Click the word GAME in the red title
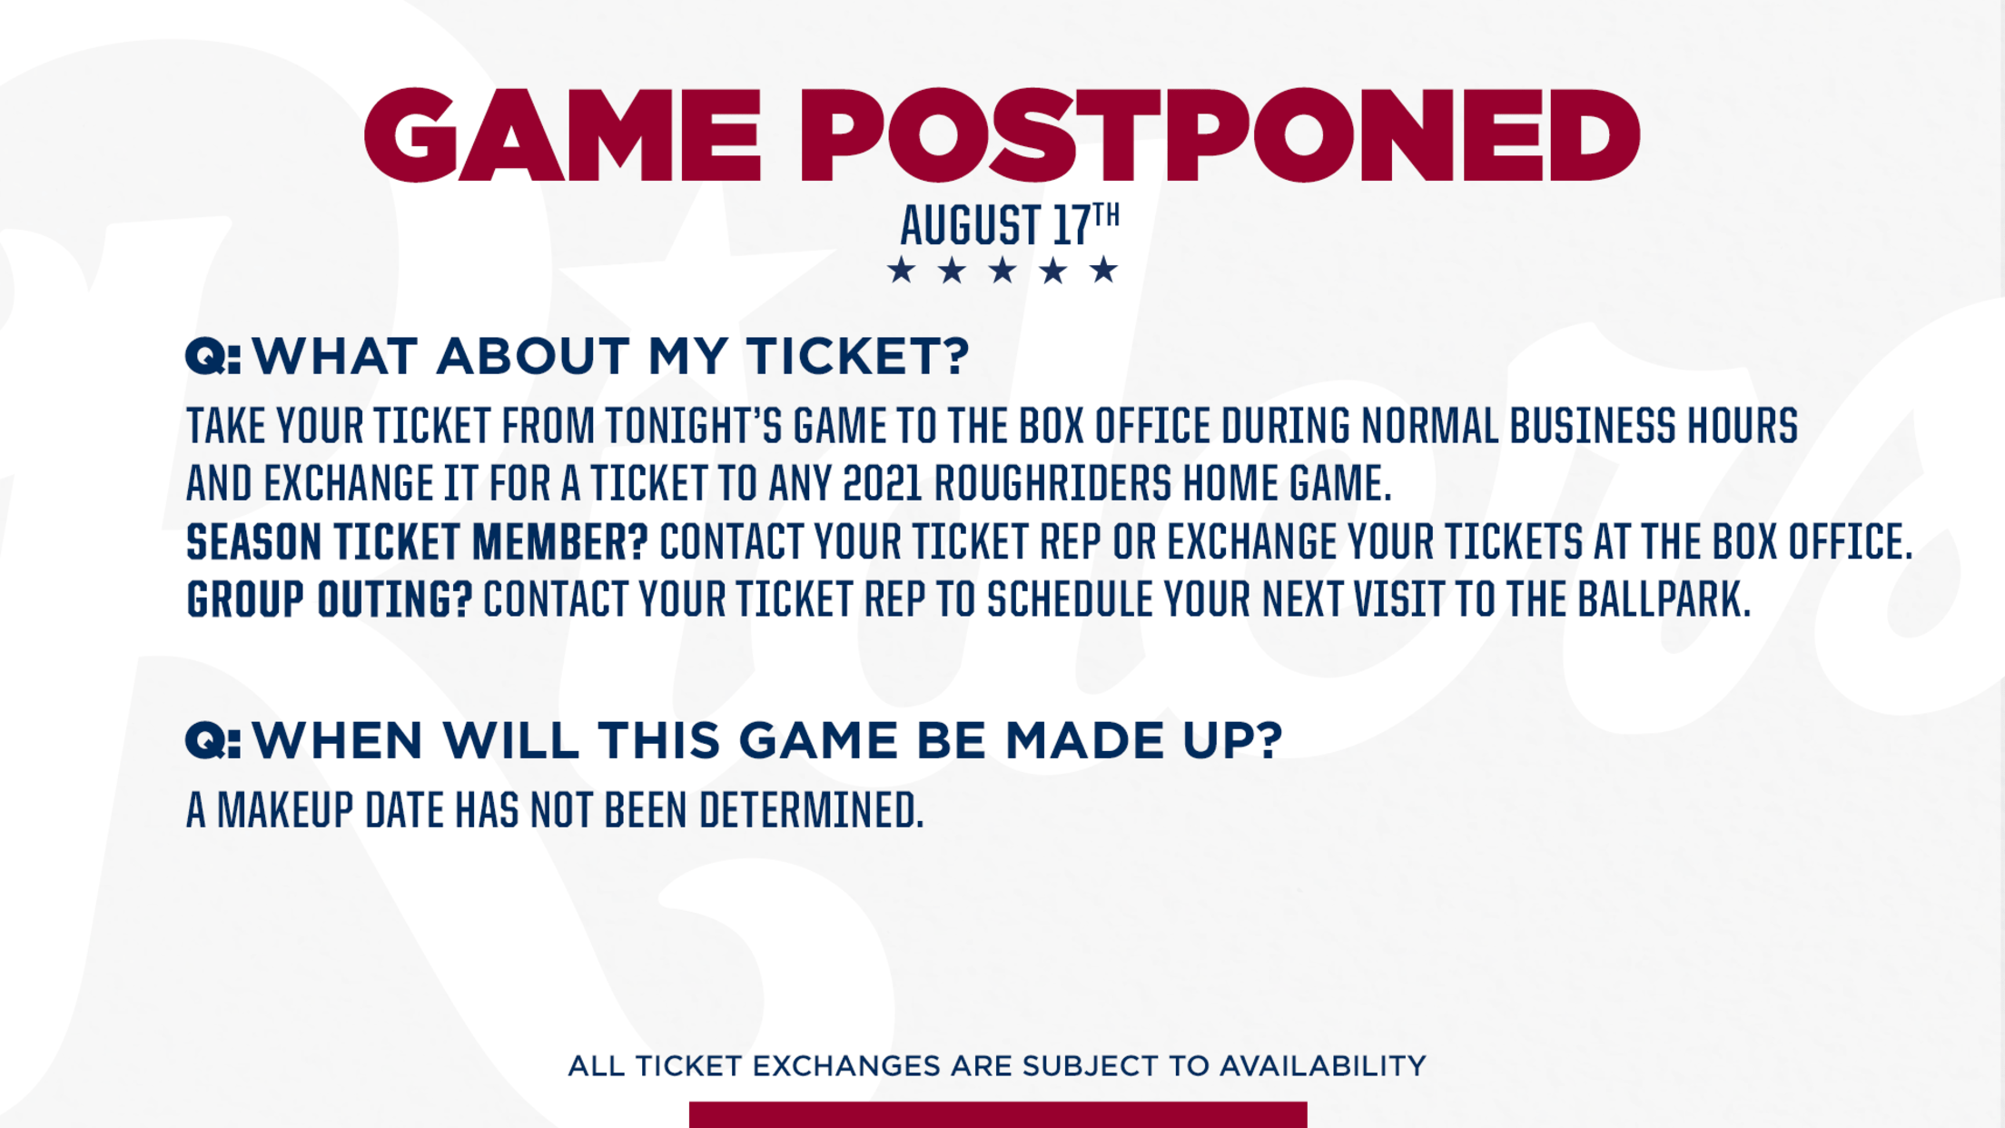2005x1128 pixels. [562, 135]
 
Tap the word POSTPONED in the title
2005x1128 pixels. [1219, 135]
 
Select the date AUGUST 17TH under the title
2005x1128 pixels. [1010, 224]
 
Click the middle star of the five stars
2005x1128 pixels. [1002, 270]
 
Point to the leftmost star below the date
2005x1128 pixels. [902, 270]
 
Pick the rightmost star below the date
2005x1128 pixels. [1104, 270]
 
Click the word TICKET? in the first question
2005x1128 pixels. [858, 355]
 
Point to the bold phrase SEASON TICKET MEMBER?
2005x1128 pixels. [417, 542]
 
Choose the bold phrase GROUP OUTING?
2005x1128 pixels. [330, 600]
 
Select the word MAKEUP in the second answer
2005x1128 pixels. [285, 810]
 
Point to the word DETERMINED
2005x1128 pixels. [811, 810]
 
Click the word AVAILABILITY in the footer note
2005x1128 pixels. [1322, 1065]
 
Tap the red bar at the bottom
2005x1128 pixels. [998, 1114]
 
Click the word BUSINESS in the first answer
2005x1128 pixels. [1593, 426]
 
